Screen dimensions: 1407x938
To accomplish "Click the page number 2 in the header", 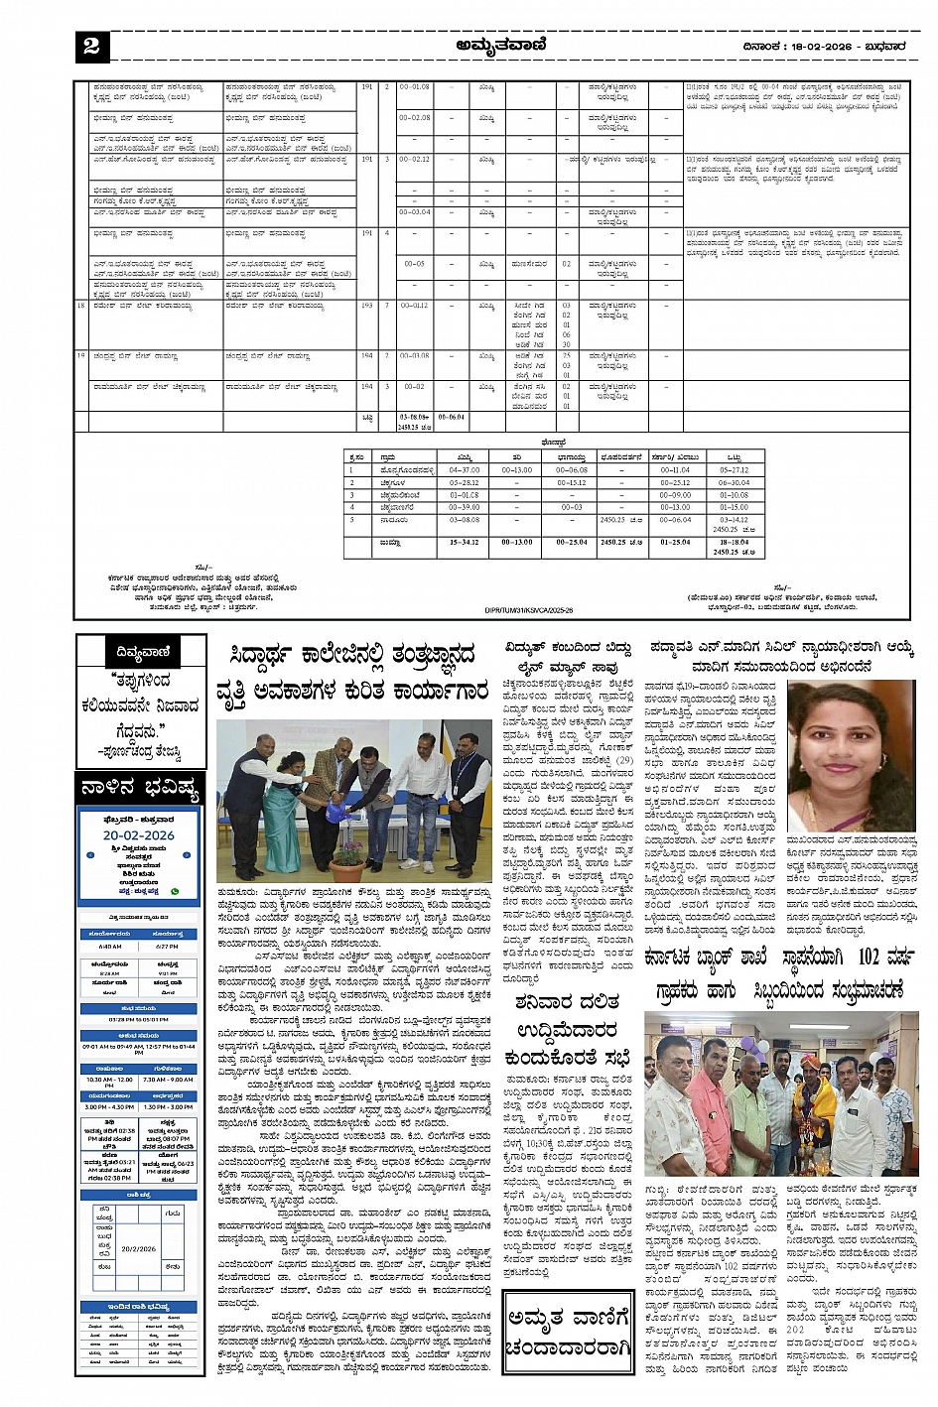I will (91, 46).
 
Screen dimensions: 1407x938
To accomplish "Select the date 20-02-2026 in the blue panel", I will (138, 835).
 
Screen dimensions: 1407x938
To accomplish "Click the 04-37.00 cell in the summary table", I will (465, 470).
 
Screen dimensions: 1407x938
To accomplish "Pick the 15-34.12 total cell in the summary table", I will (465, 542).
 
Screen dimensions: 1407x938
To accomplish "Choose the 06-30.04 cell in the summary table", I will (734, 482).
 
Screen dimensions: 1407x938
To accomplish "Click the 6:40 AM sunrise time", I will (110, 946).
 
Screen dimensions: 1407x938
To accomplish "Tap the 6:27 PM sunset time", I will (168, 946).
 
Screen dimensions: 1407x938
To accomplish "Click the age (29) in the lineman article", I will (622, 761).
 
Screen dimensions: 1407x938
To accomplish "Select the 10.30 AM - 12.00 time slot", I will (109, 1080).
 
